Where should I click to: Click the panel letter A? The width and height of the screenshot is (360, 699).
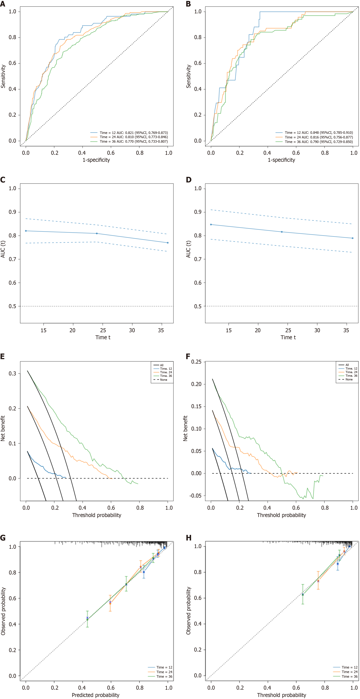(2, 4)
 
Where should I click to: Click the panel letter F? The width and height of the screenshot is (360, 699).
(188, 356)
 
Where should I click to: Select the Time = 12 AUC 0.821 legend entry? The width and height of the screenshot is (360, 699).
(129, 133)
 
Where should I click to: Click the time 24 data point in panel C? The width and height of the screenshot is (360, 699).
(97, 233)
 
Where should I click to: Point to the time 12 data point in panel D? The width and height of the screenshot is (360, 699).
(211, 225)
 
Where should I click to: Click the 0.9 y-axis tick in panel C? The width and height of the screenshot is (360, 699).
(12, 212)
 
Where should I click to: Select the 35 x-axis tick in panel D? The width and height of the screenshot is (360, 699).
(346, 330)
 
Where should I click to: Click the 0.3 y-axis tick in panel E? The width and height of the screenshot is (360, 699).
(12, 373)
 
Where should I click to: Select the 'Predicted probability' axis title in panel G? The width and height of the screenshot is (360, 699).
(96, 695)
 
